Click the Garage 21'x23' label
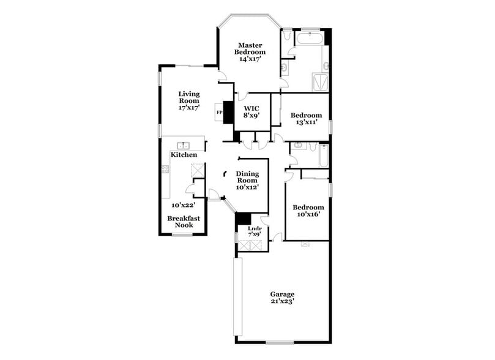tap(283, 298)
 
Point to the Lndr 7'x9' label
tap(255, 232)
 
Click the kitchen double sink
tap(183, 146)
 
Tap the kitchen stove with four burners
tap(165, 169)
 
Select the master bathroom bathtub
tap(310, 39)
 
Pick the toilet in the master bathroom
tap(286, 35)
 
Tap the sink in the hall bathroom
tap(297, 146)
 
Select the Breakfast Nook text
tap(184, 222)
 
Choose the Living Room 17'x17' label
tap(190, 100)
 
